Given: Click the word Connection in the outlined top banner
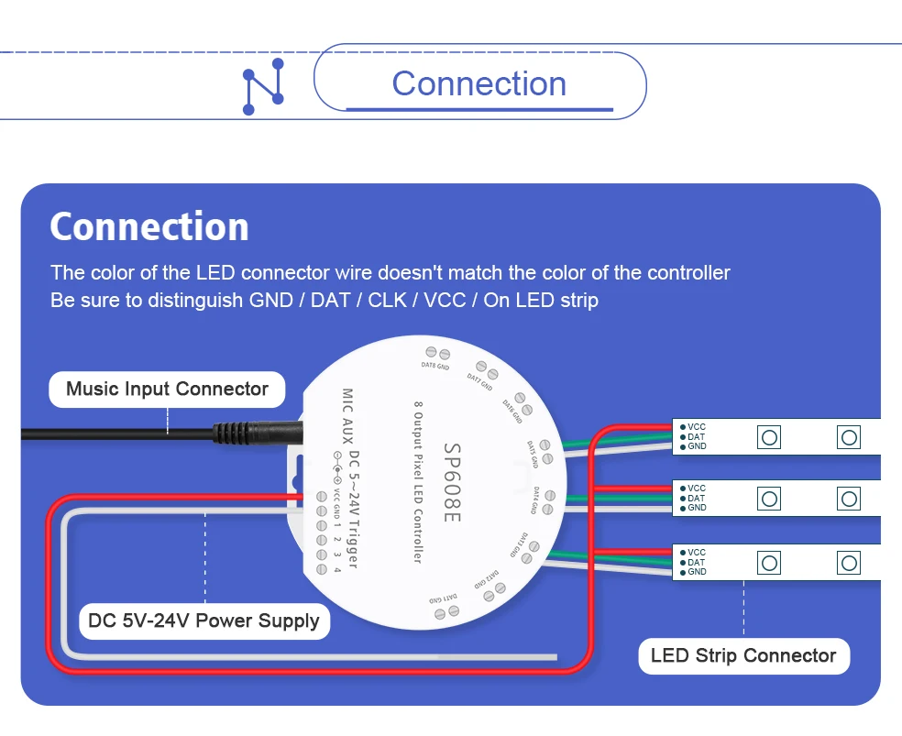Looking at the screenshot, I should pos(479,83).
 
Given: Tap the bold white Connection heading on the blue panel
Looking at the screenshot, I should pos(149,226).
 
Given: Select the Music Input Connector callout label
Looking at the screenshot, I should pos(167,389).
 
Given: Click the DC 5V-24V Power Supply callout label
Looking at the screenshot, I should pos(203,621).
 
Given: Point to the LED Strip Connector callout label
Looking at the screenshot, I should pos(743,655).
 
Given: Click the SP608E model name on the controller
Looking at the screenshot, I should pos(451,485).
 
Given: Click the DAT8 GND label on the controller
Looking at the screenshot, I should pos(434,365).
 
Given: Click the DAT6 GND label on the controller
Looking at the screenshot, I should pos(517,412).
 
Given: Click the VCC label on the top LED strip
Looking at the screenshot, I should pos(697,427).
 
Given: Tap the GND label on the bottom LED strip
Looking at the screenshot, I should pos(697,572).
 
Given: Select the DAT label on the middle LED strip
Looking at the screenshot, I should pos(697,499).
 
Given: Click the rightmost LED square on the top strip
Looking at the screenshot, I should pos(848,437).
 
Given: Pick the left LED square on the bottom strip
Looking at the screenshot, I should pos(769,562).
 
